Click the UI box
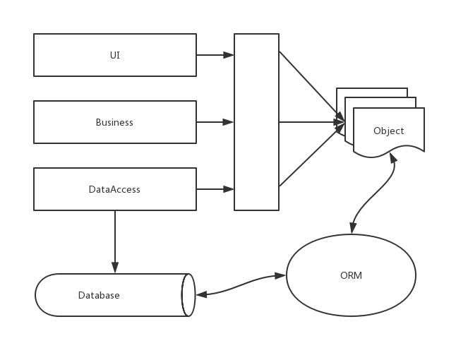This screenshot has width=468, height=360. pyautogui.click(x=115, y=55)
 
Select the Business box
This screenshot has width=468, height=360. pyautogui.click(x=115, y=122)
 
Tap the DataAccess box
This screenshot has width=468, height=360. pyautogui.click(x=115, y=189)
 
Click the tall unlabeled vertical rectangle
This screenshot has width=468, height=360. pyautogui.click(x=256, y=122)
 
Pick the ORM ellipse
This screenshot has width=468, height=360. pyautogui.click(x=351, y=275)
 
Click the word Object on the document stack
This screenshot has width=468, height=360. pyautogui.click(x=388, y=131)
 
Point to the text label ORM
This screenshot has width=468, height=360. pyautogui.click(x=351, y=275)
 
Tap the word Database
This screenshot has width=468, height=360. pyautogui.click(x=99, y=295)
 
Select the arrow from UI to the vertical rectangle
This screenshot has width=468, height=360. pyautogui.click(x=215, y=55)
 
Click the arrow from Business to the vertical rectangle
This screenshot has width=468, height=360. pyautogui.click(x=215, y=122)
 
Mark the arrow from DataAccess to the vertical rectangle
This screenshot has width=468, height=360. pyautogui.click(x=215, y=189)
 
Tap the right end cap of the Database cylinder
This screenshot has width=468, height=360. pyautogui.click(x=188, y=295)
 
